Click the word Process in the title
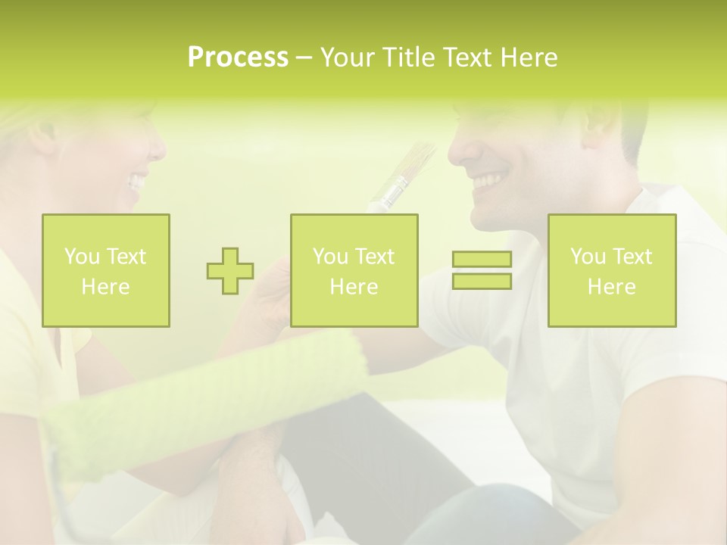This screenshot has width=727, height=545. pyautogui.click(x=238, y=58)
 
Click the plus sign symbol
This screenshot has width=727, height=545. pyautogui.click(x=230, y=271)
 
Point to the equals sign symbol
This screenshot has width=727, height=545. pyautogui.click(x=482, y=270)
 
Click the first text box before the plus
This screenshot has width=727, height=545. pyautogui.click(x=106, y=271)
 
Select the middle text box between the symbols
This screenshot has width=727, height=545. pyautogui.click(x=354, y=271)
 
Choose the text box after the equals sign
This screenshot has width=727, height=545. pyautogui.click(x=612, y=271)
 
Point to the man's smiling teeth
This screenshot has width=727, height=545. pyautogui.click(x=488, y=181)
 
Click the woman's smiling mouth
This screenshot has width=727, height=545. pyautogui.click(x=137, y=182)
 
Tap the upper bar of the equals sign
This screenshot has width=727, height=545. pyautogui.click(x=482, y=260)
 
